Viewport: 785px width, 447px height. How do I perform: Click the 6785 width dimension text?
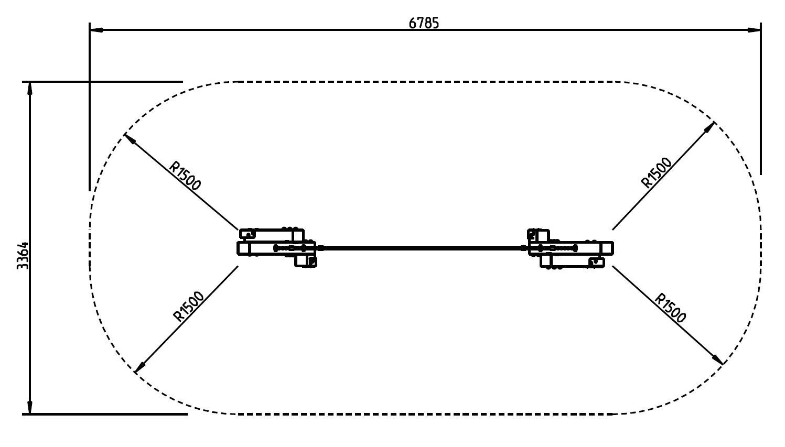tap(423, 23)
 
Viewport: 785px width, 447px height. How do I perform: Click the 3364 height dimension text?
tap(23, 255)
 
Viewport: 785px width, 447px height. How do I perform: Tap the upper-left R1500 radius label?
tap(185, 176)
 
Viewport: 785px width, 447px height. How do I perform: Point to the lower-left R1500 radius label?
tap(188, 306)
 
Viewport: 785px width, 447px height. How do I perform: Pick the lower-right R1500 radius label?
tap(670, 308)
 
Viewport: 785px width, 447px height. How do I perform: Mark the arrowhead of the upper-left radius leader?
tap(129, 139)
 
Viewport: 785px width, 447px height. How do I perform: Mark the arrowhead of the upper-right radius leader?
tap(711, 126)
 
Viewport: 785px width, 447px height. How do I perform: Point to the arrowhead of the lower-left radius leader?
tap(139, 368)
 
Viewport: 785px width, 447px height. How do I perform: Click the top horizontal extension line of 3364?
tap(105, 82)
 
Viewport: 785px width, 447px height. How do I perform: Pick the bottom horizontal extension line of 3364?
tap(105, 414)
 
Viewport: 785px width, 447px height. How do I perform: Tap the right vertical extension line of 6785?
tap(760, 105)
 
